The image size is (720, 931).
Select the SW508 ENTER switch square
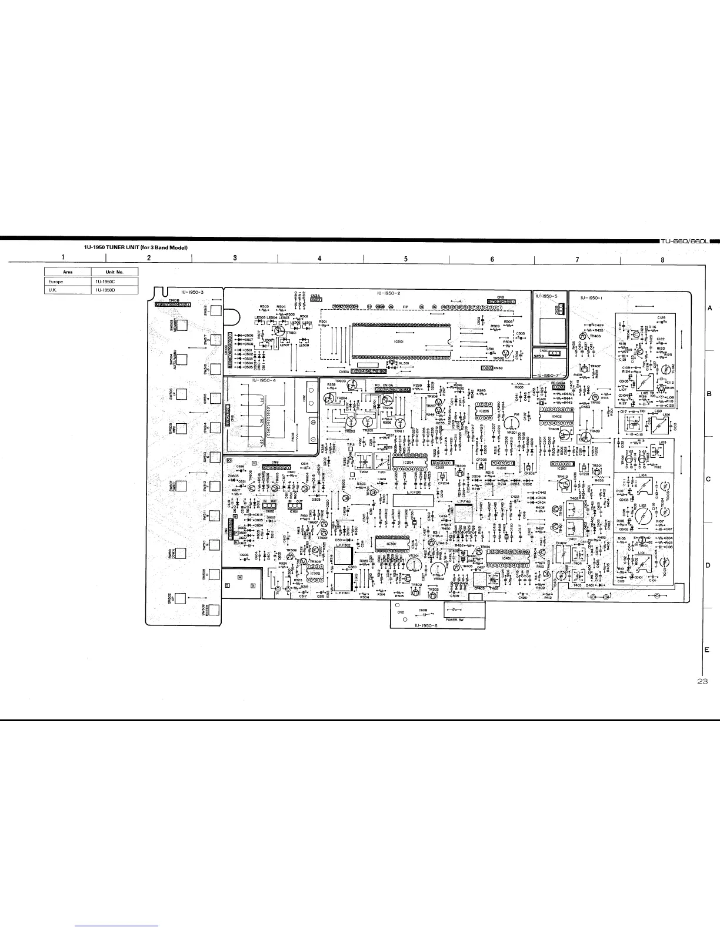point(214,609)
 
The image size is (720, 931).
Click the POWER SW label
point(456,620)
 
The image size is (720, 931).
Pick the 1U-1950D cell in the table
point(114,290)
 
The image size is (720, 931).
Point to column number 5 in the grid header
point(406,259)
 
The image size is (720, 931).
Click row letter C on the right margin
point(709,479)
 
